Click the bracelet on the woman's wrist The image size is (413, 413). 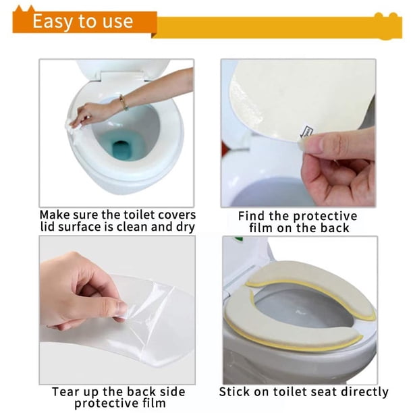(123, 103)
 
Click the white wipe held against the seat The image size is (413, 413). (74, 126)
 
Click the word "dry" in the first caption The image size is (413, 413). (186, 227)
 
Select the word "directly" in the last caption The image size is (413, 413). (364, 392)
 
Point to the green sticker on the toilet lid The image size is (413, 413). (238, 240)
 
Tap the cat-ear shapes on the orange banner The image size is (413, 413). (24, 9)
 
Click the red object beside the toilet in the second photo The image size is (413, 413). (225, 149)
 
